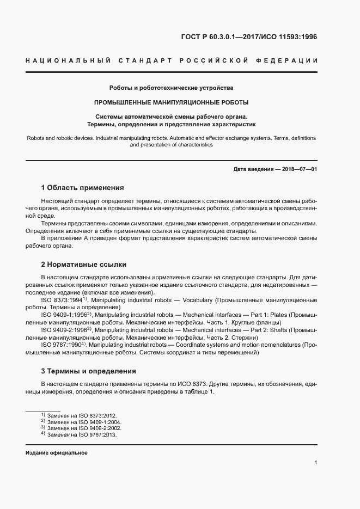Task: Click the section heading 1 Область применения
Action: tap(83, 187)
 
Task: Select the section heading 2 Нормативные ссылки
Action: tap(84, 265)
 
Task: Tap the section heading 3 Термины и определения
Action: tap(89, 371)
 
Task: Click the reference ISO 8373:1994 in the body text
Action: tap(61, 300)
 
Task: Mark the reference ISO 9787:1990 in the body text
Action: tap(61, 345)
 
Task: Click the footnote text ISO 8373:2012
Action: tap(97, 415)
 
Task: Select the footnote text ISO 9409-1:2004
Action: tap(101, 421)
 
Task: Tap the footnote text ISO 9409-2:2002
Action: tap(101, 428)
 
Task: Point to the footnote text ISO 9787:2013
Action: tap(97, 435)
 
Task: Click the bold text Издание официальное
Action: tap(57, 453)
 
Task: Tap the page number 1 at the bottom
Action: tap(316, 463)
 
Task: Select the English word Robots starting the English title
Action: tap(36, 138)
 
